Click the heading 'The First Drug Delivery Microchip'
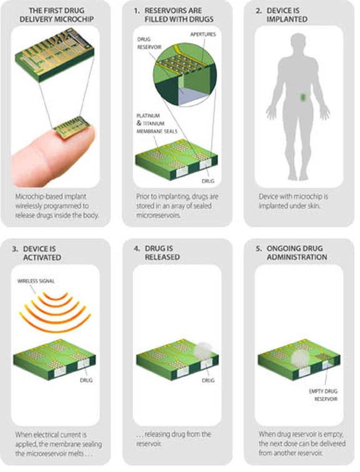coord(56,15)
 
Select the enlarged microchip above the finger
coord(54,54)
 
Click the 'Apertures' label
coord(203,34)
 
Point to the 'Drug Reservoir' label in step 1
coord(149,43)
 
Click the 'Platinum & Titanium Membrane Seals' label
coord(156,123)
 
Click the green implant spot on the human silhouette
coord(303,98)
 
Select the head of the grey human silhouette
coord(298,43)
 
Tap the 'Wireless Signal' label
coord(36,281)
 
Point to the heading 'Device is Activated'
coord(37,253)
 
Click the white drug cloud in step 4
coord(202,350)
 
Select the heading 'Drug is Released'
coord(157,253)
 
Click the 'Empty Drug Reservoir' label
coord(323,395)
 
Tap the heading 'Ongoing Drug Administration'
coord(291,253)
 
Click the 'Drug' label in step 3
coord(86,380)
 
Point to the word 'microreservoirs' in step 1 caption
coord(158,216)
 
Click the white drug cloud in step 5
coord(300,358)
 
